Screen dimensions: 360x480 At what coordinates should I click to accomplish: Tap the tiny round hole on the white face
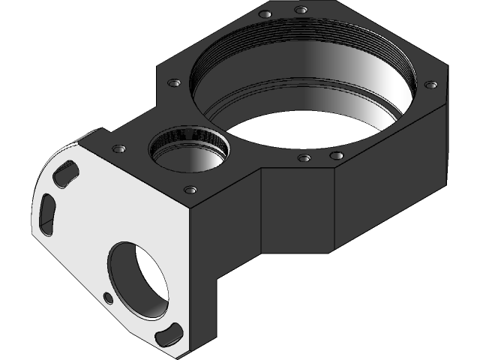(108, 298)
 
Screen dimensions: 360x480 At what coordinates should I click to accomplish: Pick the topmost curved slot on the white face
(65, 172)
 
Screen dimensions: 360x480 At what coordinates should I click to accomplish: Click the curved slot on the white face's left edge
(46, 214)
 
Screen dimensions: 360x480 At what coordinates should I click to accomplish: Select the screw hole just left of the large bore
(173, 82)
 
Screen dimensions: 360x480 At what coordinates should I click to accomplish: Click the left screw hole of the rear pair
(265, 14)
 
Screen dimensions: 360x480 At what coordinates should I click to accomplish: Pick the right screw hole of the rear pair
(301, 10)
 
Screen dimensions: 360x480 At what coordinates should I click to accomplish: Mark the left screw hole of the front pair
(304, 158)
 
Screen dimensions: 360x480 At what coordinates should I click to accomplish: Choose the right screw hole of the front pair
(337, 156)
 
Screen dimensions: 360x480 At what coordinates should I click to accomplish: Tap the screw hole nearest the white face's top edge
(117, 149)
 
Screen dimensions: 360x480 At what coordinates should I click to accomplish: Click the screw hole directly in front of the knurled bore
(190, 190)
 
